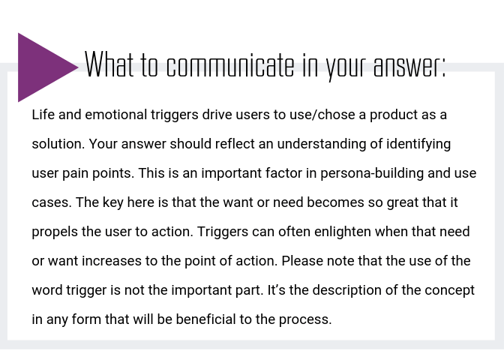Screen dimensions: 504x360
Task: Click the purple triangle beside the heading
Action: tap(42, 67)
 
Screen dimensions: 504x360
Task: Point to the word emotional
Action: tap(116, 115)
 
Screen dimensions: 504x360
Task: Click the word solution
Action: tap(58, 144)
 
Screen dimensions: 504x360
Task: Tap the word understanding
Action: tap(322, 145)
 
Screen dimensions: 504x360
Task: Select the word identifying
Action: tap(418, 145)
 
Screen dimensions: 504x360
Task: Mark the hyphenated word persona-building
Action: tap(372, 174)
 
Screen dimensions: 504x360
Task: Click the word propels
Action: tap(55, 232)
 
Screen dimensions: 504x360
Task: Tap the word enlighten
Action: tap(342, 232)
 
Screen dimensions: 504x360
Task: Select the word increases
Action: tap(112, 261)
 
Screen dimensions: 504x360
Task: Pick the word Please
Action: tap(302, 261)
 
